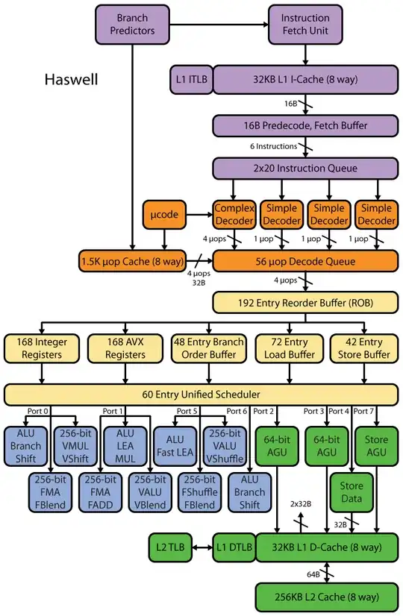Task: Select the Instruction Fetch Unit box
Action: click(304, 24)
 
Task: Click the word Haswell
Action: click(73, 78)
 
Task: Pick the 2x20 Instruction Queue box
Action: click(304, 168)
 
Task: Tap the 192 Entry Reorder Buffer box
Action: click(304, 302)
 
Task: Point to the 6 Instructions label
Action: click(274, 146)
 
